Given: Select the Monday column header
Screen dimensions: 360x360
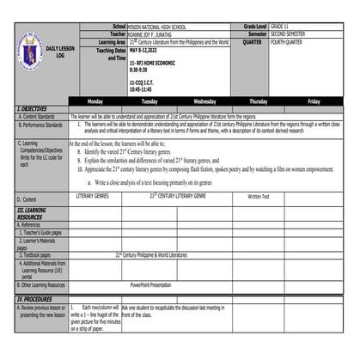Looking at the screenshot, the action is coord(95,101).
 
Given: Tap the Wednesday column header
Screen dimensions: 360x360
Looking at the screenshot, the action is coord(204,101).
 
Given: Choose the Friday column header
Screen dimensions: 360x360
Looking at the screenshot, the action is coord(314,101).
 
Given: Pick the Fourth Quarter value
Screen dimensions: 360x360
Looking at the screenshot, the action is coord(289,41).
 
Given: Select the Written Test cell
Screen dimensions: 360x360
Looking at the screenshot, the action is coord(258,196).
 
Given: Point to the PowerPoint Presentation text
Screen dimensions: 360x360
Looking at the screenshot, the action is coord(151,284).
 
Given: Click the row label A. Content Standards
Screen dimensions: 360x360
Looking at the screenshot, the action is coord(36,116).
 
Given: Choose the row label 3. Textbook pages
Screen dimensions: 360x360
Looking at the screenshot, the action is coord(35,255).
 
